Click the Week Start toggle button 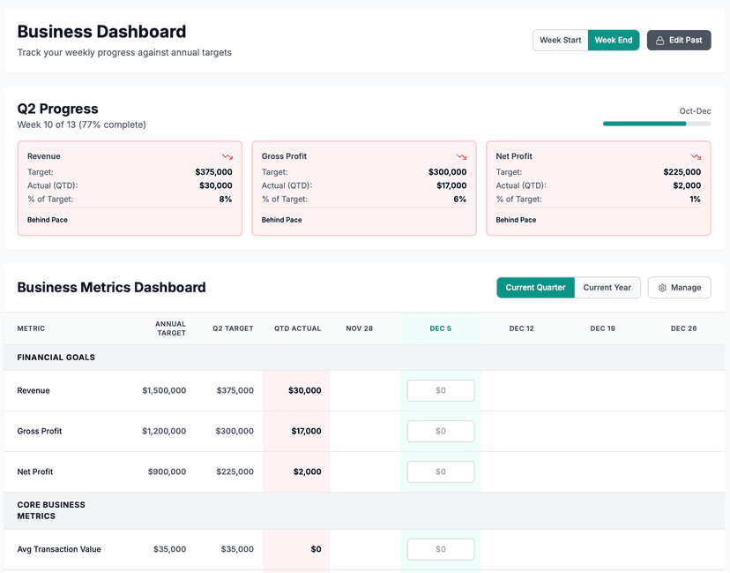point(560,41)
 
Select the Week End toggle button point(614,41)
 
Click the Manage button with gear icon point(679,288)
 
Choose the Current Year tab point(607,288)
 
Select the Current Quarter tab point(535,288)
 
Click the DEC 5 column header point(440,328)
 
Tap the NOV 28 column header point(359,328)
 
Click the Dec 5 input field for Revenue point(440,390)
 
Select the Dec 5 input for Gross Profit point(440,431)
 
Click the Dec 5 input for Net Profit point(440,471)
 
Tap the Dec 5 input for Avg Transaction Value point(440,549)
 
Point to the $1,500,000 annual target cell point(164,390)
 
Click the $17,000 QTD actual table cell point(306,431)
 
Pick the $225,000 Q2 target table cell point(235,471)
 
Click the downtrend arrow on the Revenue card point(227,156)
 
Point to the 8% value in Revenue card point(226,200)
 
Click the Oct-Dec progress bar point(656,124)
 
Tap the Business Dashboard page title point(101,32)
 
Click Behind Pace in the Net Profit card point(516,220)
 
